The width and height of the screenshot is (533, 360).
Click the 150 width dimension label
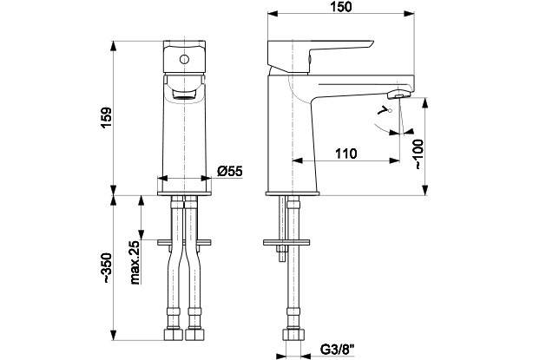pos(341,8)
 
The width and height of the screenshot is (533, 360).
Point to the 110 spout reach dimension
pos(345,154)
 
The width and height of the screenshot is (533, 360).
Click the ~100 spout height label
pos(418,153)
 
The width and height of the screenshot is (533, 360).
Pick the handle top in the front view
pos(183,48)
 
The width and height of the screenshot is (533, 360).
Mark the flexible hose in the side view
pos(291,286)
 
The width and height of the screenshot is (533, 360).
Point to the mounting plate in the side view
pos(286,242)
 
